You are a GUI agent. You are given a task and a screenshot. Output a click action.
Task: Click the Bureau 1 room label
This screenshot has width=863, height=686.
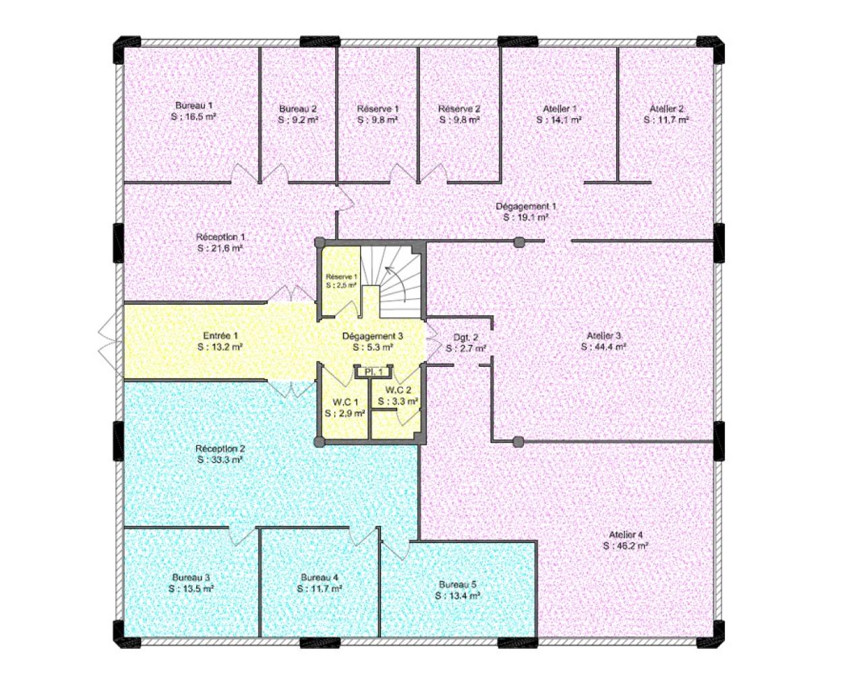pos(194,105)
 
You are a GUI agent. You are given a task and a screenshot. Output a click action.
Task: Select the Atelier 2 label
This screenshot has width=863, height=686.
pos(667,109)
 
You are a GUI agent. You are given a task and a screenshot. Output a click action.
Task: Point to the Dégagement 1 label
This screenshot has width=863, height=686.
pos(526,206)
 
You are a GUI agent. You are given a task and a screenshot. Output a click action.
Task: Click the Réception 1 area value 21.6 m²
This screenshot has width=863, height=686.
pos(225,248)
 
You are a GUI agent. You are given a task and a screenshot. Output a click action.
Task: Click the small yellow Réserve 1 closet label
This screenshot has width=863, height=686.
pos(341,277)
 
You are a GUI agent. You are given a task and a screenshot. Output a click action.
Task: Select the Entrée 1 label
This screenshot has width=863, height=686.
pos(220,336)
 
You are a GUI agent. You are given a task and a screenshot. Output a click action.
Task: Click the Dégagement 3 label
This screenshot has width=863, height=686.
pos(373,336)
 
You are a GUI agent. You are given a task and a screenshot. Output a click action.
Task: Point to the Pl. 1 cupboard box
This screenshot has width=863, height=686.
pos(374,372)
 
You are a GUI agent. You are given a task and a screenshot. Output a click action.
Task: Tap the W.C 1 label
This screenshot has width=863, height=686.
pos(345,401)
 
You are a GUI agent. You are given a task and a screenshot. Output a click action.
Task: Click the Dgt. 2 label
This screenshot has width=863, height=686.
pos(466,337)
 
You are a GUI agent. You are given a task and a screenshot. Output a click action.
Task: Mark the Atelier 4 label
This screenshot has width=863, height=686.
pos(626,534)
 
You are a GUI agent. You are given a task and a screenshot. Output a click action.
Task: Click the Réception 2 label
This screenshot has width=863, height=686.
pos(220,449)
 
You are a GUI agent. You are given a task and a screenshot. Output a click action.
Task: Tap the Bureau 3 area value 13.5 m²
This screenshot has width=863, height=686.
pos(196,588)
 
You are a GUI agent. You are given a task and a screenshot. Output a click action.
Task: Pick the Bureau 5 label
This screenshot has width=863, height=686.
pos(458,585)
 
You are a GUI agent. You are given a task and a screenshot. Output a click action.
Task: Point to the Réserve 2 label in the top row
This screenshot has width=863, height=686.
pos(459,109)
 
